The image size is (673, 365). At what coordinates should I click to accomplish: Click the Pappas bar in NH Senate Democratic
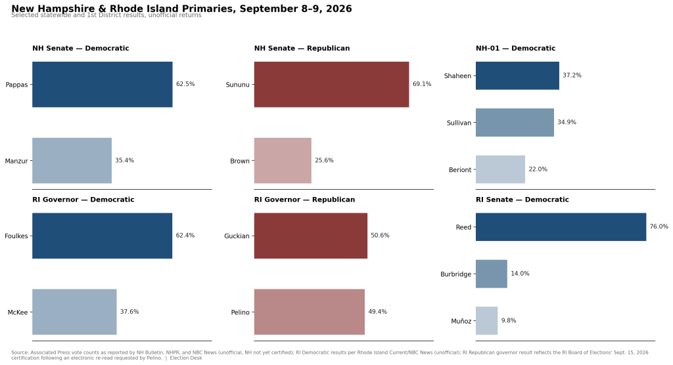pyautogui.click(x=102, y=85)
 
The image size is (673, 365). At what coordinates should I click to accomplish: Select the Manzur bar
pyautogui.click(x=72, y=160)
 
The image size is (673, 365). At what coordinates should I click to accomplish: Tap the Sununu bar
pyautogui.click(x=331, y=85)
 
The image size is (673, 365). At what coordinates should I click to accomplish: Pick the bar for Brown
pyautogui.click(x=283, y=160)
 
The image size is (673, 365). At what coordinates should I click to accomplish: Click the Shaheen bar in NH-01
pyautogui.click(x=517, y=75)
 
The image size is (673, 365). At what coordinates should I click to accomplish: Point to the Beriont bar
pyautogui.click(x=500, y=169)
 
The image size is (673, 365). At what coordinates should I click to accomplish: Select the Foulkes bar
pyautogui.click(x=102, y=236)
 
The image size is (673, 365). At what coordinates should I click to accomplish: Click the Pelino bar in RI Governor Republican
pyautogui.click(x=309, y=312)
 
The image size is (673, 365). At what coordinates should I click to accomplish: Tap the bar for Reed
pyautogui.click(x=561, y=227)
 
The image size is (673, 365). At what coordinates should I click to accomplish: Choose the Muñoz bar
pyautogui.click(x=486, y=320)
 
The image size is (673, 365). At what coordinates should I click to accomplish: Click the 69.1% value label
pyautogui.click(x=422, y=84)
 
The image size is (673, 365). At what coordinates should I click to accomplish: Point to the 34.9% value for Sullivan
pyautogui.click(x=567, y=122)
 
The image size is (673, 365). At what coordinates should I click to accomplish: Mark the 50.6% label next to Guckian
pyautogui.click(x=380, y=236)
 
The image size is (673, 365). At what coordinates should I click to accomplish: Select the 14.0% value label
pyautogui.click(x=520, y=274)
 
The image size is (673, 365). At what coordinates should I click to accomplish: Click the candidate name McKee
pyautogui.click(x=18, y=312)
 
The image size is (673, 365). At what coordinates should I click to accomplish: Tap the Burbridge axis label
pyautogui.click(x=456, y=274)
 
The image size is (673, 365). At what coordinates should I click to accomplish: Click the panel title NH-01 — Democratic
pyautogui.click(x=515, y=48)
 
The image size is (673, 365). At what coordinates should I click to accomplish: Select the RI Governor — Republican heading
pyautogui.click(x=304, y=200)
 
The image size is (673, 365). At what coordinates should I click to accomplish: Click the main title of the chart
pyautogui.click(x=181, y=9)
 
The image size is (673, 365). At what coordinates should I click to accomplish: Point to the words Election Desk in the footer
pyautogui.click(x=186, y=358)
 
